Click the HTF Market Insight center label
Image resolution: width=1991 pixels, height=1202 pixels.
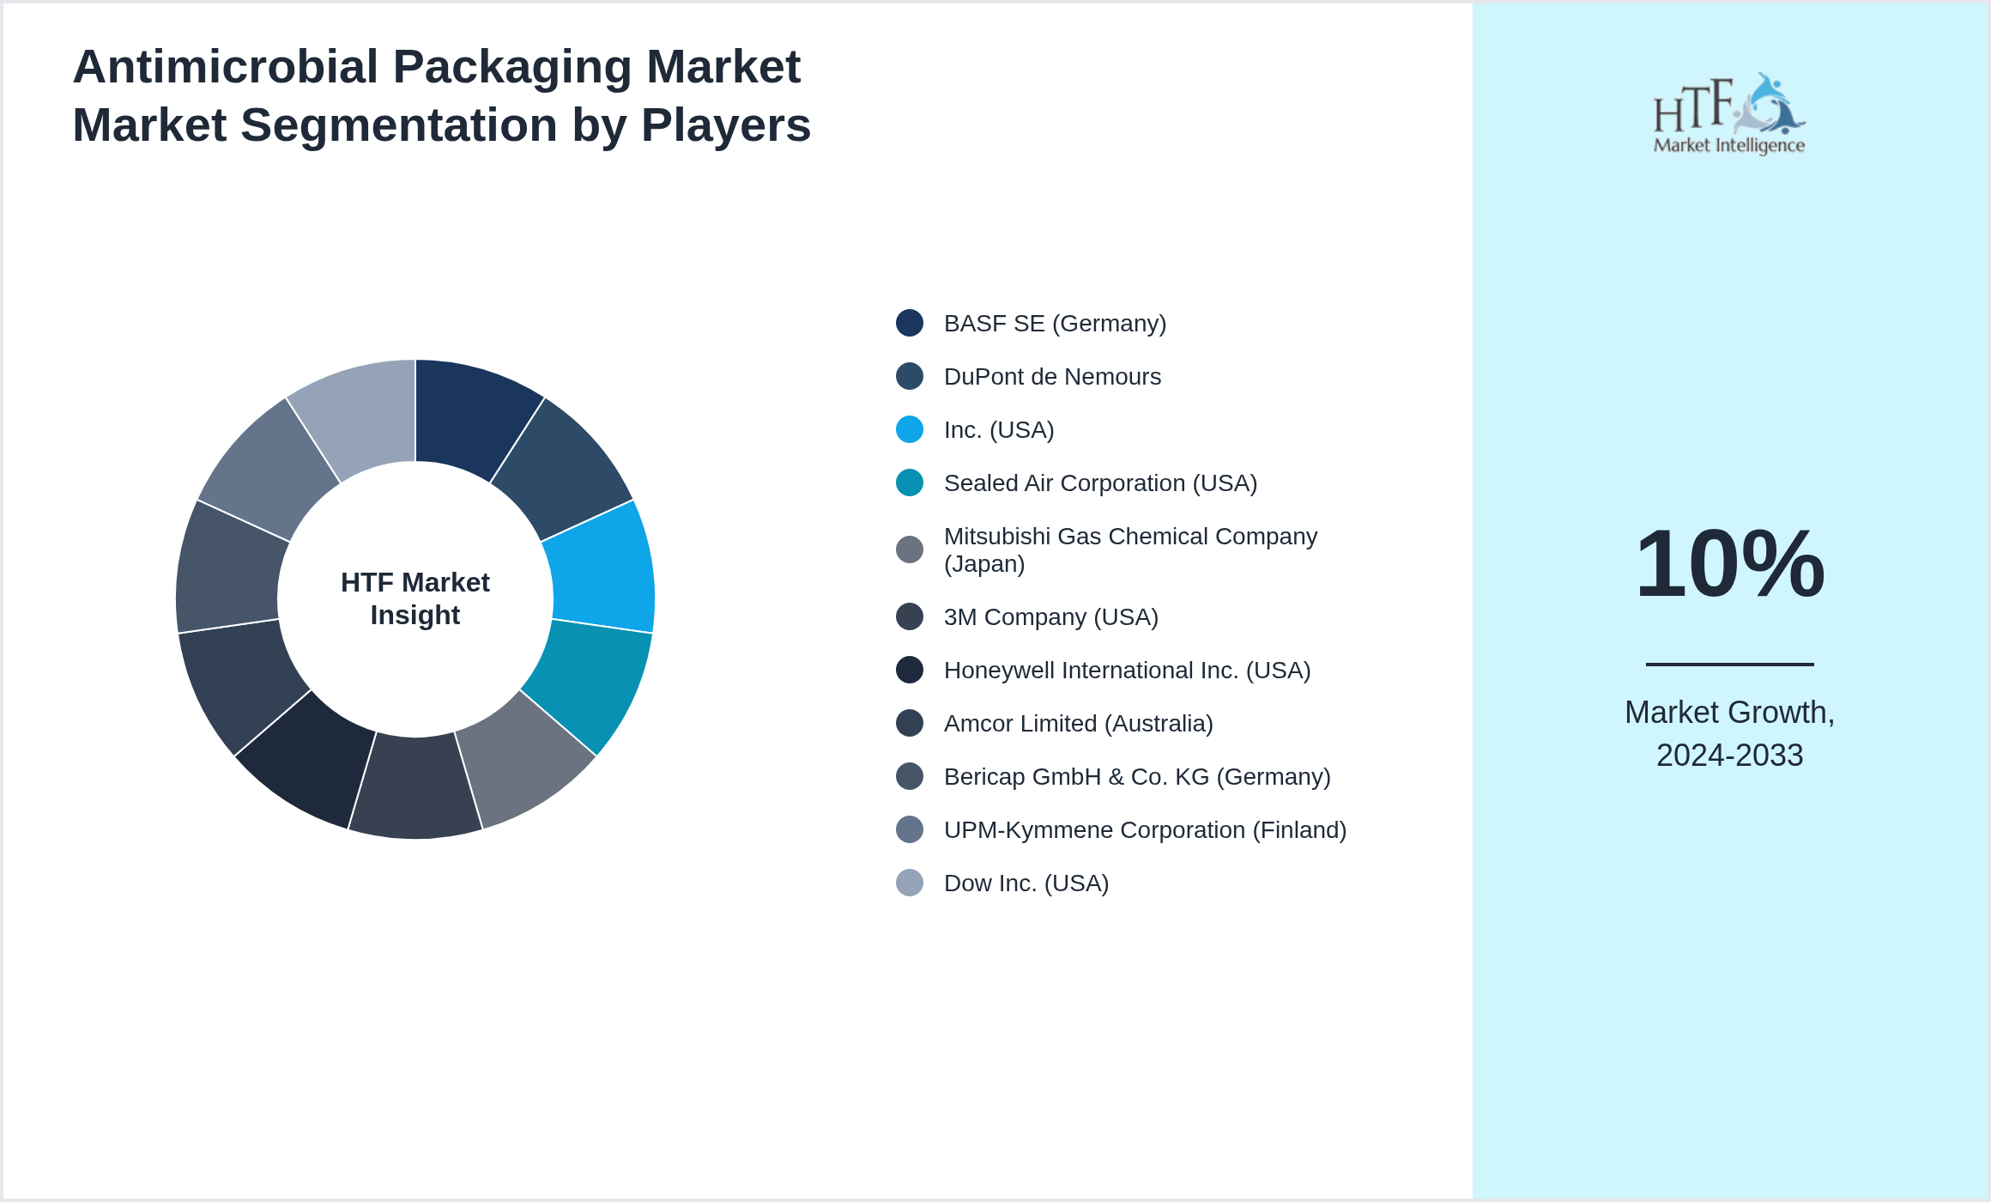pyautogui.click(x=415, y=598)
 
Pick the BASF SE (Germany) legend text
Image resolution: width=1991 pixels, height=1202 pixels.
pyautogui.click(x=1055, y=324)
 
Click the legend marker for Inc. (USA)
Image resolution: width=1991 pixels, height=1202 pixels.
pyautogui.click(x=910, y=429)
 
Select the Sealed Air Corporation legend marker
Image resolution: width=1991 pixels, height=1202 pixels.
pyautogui.click(x=910, y=483)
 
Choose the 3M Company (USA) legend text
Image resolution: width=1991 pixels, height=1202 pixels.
pyautogui.click(x=1050, y=617)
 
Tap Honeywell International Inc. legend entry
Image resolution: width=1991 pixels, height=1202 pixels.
pyautogui.click(x=1127, y=671)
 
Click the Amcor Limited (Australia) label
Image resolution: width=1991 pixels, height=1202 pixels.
pyautogui.click(x=1078, y=724)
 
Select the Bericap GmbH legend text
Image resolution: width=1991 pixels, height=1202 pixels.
pyautogui.click(x=1136, y=777)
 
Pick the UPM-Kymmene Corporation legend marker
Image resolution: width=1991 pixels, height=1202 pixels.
pyautogui.click(x=910, y=829)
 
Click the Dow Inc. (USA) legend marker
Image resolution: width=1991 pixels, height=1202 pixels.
pyautogui.click(x=910, y=883)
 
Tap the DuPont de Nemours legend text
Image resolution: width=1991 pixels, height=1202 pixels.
pyautogui.click(x=1052, y=377)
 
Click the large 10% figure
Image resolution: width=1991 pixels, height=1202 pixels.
pyautogui.click(x=1729, y=564)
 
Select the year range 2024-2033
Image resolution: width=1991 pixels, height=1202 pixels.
pyautogui.click(x=1729, y=756)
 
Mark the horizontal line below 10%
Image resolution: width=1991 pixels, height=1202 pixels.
pyautogui.click(x=1729, y=664)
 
